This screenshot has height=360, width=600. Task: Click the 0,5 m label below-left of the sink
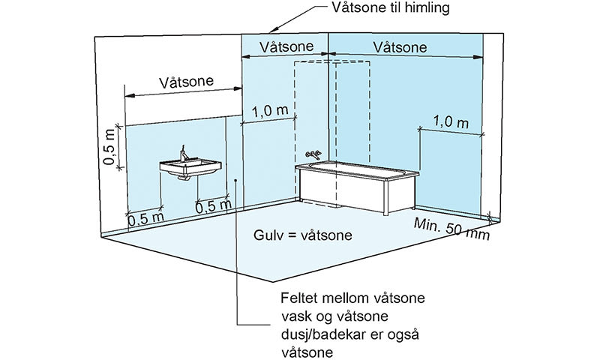point(145,220)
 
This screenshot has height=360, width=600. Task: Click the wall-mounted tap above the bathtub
point(316,155)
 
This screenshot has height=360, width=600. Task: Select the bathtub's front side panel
point(341,188)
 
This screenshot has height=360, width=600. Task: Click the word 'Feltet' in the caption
point(300,298)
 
